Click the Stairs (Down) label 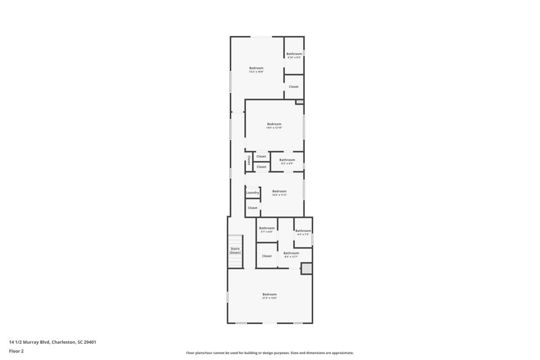pyautogui.click(x=235, y=251)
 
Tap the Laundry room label pyautogui.click(x=253, y=193)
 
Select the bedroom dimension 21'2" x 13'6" pyautogui.click(x=269, y=298)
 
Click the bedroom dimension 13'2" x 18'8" pyautogui.click(x=256, y=72)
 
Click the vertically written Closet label pyautogui.click(x=249, y=160)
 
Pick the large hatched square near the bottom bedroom pyautogui.click(x=307, y=268)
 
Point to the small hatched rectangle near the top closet pyautogui.click(x=300, y=102)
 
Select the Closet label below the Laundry pyautogui.click(x=253, y=208)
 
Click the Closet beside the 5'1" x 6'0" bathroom pyautogui.click(x=267, y=256)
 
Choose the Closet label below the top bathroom pyautogui.click(x=294, y=87)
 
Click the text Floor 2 pyautogui.click(x=16, y=351)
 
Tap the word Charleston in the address pyautogui.click(x=64, y=342)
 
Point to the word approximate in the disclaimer pyautogui.click(x=343, y=353)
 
